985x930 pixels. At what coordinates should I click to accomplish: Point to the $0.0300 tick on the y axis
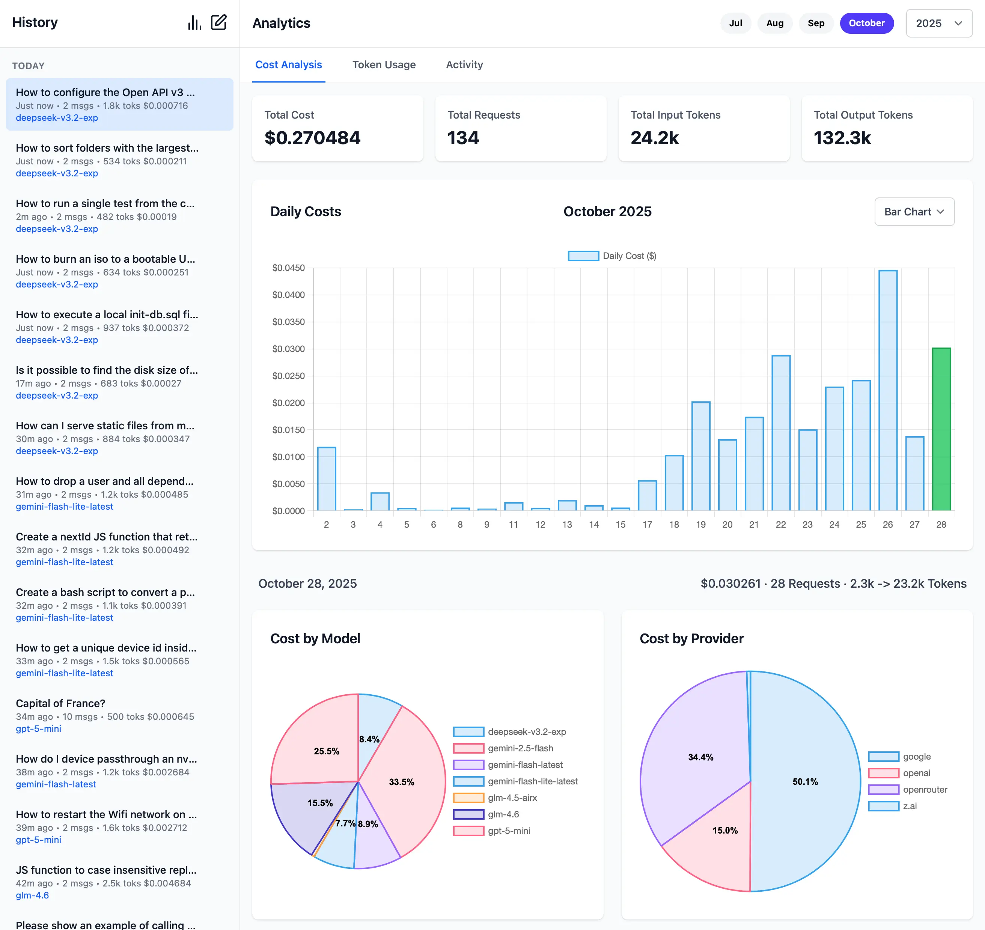coord(289,349)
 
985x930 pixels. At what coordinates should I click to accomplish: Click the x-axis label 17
coord(647,525)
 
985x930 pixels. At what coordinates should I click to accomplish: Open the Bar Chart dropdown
coord(914,212)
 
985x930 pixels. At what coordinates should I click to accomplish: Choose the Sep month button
coord(815,23)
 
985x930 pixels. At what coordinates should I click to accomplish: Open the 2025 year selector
coord(938,23)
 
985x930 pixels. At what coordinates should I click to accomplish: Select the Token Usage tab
coord(384,65)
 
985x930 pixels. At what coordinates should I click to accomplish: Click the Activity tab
coord(464,65)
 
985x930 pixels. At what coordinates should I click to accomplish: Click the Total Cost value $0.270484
coord(312,138)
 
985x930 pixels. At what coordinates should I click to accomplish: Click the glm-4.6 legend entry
coord(503,814)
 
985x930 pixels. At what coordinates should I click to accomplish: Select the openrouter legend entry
coord(925,789)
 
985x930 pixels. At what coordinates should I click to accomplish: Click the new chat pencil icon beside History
coord(218,22)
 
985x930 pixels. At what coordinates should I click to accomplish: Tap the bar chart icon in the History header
coord(194,22)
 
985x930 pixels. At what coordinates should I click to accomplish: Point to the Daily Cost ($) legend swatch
coord(583,256)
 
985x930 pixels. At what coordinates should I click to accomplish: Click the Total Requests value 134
coord(463,138)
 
